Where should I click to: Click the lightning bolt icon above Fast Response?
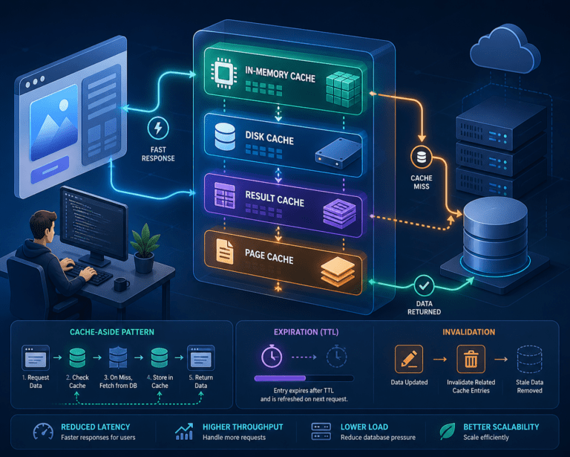[158, 128]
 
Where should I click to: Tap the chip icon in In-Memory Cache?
[222, 73]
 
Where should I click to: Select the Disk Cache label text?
[269, 138]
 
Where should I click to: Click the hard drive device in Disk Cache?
[338, 153]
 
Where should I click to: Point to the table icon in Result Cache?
[224, 195]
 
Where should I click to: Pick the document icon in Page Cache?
[225, 251]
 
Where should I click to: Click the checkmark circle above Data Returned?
[424, 285]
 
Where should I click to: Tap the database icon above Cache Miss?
[422, 158]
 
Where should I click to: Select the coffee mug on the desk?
[122, 285]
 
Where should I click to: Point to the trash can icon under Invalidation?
[471, 359]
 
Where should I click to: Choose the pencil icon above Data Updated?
[409, 359]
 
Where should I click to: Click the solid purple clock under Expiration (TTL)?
[272, 356]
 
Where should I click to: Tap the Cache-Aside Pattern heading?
[112, 332]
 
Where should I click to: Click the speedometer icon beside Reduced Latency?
[43, 431]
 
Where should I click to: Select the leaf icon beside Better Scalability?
[447, 431]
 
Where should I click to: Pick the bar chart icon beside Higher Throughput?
[184, 432]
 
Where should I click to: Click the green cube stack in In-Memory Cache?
[343, 88]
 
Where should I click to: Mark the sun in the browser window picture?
[64, 106]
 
